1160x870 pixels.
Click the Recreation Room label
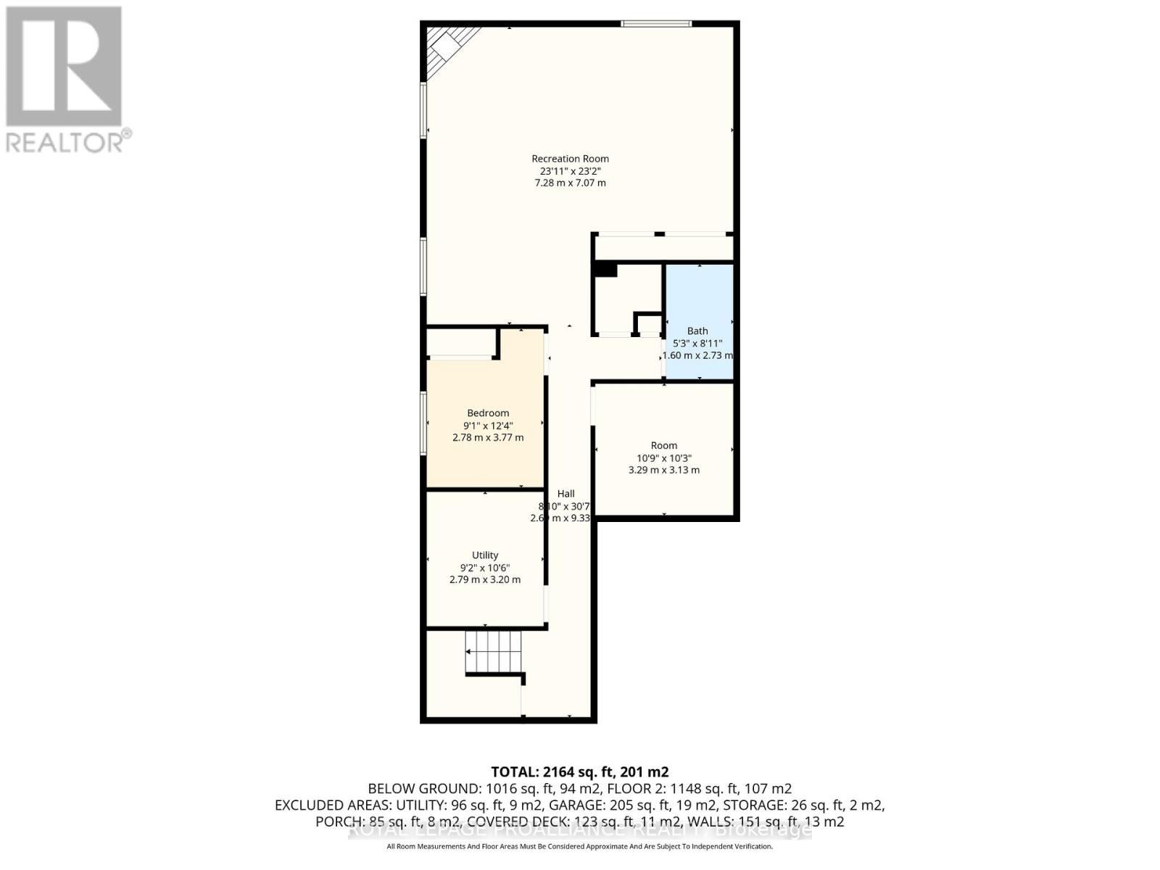(570, 159)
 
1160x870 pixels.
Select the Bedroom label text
(487, 413)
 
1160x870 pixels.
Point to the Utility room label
(485, 555)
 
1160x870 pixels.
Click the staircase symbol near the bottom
(494, 651)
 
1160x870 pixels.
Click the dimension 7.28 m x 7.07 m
(570, 183)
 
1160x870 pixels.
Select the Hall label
(566, 494)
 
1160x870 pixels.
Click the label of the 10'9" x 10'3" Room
(663, 446)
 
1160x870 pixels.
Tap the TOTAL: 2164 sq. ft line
(579, 771)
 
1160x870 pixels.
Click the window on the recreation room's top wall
(656, 24)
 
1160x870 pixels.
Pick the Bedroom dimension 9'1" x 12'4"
(487, 426)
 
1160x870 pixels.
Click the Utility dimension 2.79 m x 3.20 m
(485, 580)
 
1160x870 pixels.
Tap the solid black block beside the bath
(605, 270)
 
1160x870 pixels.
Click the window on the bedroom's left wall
(424, 423)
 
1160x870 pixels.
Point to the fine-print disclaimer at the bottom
(579, 846)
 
